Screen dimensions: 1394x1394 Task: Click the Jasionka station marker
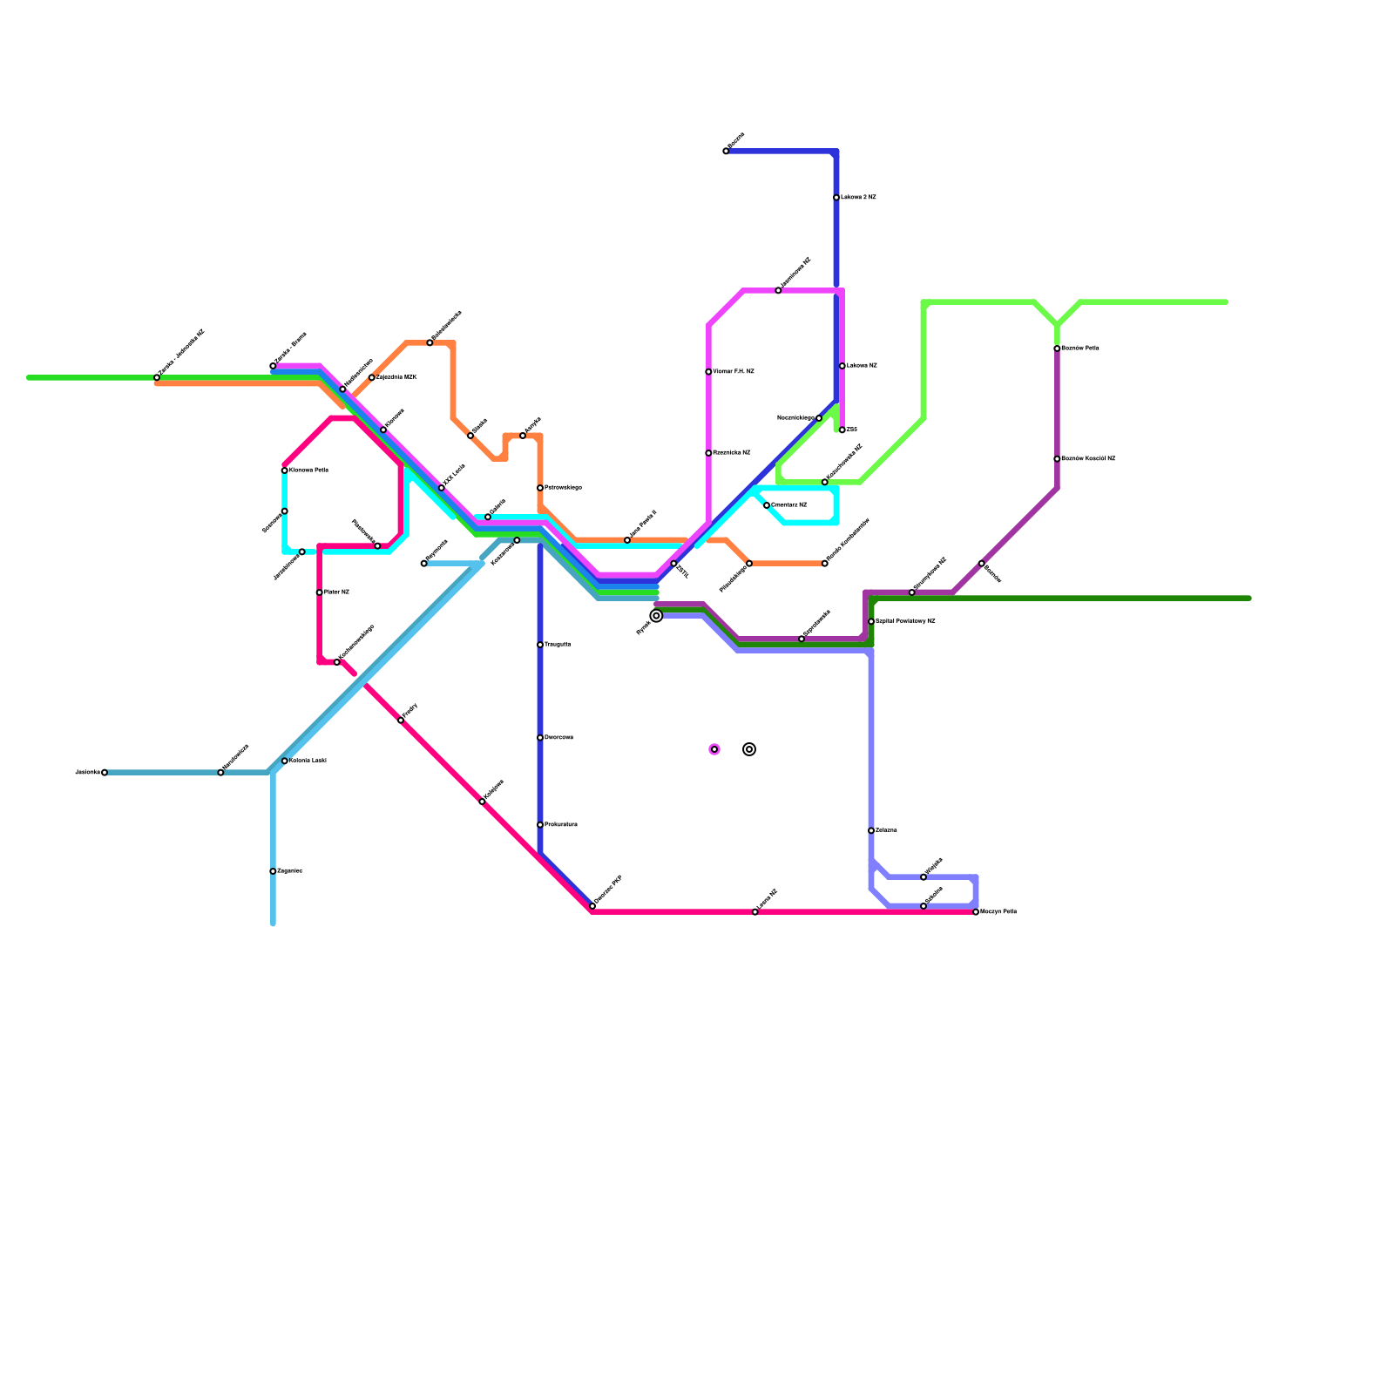point(105,773)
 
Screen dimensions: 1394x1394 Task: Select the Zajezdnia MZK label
point(396,377)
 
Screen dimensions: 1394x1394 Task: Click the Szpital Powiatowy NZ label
point(905,621)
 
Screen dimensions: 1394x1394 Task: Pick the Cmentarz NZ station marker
point(767,505)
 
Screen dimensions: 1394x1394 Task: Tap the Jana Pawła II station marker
point(627,540)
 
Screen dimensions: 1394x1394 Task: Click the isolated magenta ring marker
point(714,749)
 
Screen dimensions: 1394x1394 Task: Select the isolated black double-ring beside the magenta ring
point(749,749)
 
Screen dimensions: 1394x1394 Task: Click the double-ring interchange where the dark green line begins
point(656,616)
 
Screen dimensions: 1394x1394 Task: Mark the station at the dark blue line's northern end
point(726,152)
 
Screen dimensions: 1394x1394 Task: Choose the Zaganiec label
point(289,871)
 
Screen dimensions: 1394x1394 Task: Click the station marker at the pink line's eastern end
point(976,912)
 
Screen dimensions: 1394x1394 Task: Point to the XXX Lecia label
point(453,476)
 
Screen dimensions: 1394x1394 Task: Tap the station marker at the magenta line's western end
point(273,366)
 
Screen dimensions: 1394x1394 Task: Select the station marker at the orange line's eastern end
point(825,564)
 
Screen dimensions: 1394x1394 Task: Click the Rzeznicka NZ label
point(732,453)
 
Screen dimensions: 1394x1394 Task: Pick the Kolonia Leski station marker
point(285,761)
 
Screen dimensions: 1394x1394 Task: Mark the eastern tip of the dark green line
point(1249,599)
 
